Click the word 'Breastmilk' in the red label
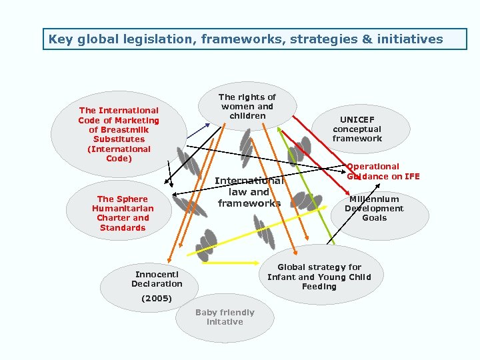119,130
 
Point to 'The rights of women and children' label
247,107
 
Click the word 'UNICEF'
357,120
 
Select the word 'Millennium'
374,199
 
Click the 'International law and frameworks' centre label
249,192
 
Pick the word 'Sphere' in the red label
132,199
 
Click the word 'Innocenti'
157,275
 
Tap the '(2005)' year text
157,299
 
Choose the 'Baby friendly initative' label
225,317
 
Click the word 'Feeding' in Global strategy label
319,287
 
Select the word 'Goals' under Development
374,218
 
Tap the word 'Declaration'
157,284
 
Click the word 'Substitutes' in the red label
119,139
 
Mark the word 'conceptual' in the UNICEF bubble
357,129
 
